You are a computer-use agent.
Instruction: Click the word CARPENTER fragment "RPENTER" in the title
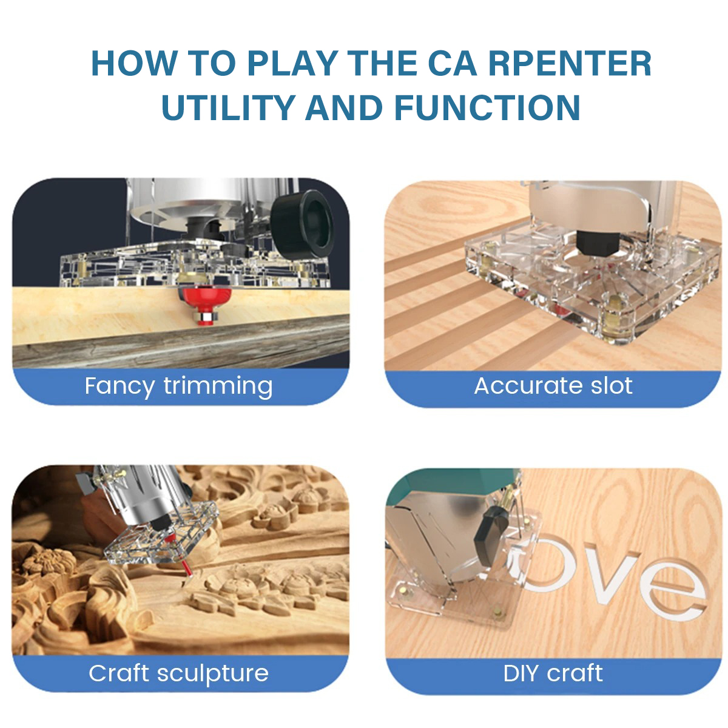[x=570, y=63]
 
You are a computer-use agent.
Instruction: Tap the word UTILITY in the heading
[x=229, y=107]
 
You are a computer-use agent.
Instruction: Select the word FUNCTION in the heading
[x=487, y=107]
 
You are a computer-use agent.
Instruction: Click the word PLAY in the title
[x=293, y=63]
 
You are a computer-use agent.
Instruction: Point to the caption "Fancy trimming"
[x=178, y=386]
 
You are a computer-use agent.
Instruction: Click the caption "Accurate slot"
[x=553, y=386]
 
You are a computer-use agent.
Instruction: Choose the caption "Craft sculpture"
[x=178, y=673]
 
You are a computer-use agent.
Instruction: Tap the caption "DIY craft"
[x=553, y=673]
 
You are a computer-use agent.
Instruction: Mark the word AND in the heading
[x=344, y=107]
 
